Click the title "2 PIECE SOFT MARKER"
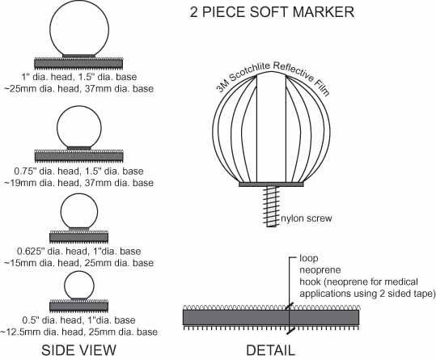pos(272,12)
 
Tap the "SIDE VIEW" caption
pos(78,349)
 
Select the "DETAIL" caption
pos(270,350)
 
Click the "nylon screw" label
pos(306,218)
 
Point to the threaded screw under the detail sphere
pos(272,206)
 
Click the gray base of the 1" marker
pos(78,64)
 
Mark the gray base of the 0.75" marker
pos(78,156)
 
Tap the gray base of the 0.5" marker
pos(78,307)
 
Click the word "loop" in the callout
pos(309,258)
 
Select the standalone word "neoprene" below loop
pos(320,269)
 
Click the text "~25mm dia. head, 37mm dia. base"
pos(78,88)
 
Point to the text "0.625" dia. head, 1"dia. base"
pos(78,252)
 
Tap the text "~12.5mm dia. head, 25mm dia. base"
pos(78,332)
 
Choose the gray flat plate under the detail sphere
pos(272,184)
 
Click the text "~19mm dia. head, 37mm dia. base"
pos(78,183)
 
